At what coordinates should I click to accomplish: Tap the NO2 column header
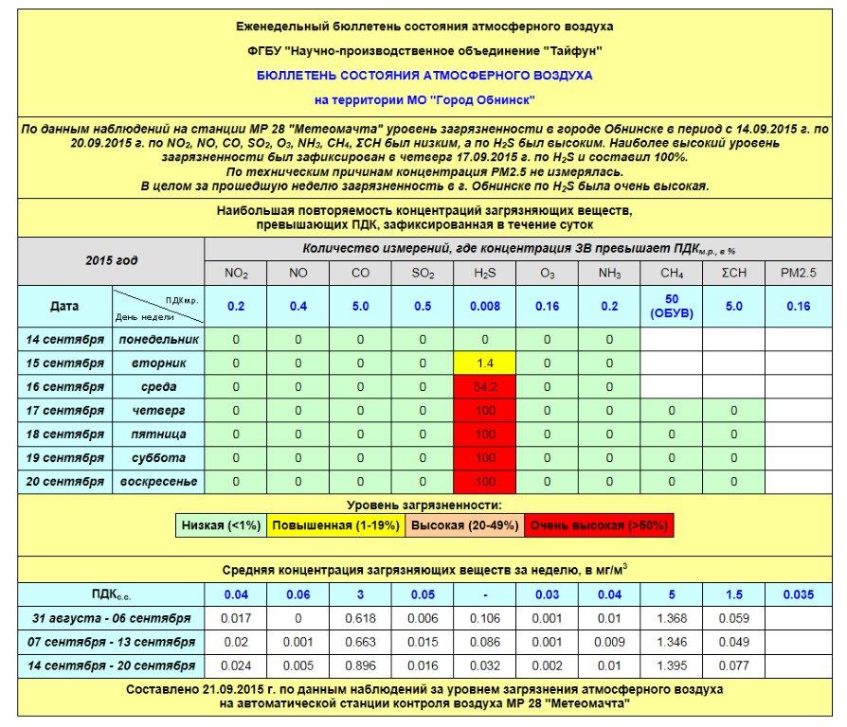(236, 274)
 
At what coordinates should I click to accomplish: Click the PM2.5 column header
(798, 274)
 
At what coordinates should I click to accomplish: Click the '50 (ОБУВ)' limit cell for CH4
(672, 307)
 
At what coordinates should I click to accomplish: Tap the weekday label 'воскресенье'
(158, 481)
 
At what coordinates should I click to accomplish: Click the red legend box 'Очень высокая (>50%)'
(599, 525)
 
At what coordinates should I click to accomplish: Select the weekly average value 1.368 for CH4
(672, 618)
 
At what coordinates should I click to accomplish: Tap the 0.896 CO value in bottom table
(360, 665)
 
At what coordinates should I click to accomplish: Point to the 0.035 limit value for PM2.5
(798, 594)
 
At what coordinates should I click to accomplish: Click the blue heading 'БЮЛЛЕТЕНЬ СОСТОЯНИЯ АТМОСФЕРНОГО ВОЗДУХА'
(423, 75)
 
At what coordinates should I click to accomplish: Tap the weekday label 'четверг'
(158, 410)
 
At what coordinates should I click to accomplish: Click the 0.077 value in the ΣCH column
(734, 665)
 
